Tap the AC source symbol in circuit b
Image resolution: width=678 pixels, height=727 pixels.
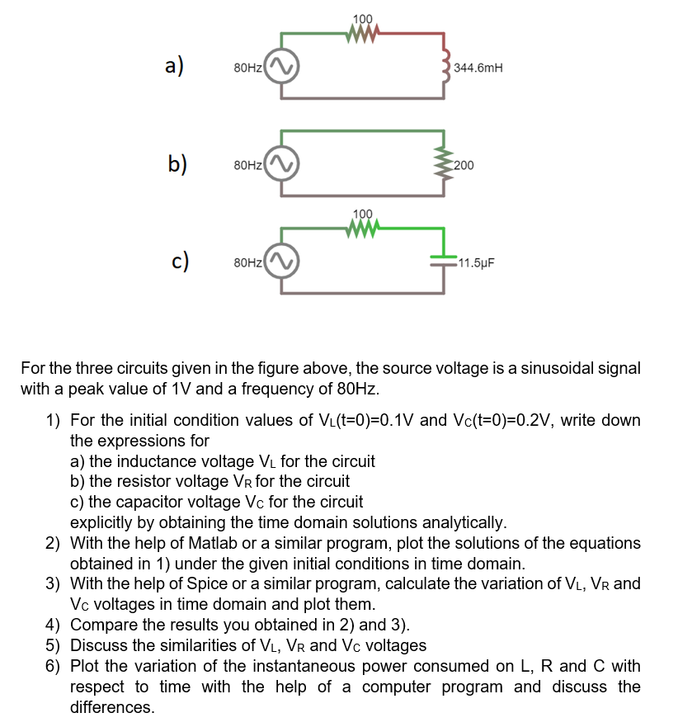point(280,164)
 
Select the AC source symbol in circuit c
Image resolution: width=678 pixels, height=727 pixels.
point(280,262)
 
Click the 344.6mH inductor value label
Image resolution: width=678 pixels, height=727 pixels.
point(478,69)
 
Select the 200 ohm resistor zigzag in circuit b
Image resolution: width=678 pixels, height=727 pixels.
point(445,164)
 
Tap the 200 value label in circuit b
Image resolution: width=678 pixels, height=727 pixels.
point(464,165)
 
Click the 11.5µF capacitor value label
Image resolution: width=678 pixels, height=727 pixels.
point(477,264)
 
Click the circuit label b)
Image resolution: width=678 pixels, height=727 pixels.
point(177,163)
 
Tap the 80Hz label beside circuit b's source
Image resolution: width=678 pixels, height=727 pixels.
point(248,165)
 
